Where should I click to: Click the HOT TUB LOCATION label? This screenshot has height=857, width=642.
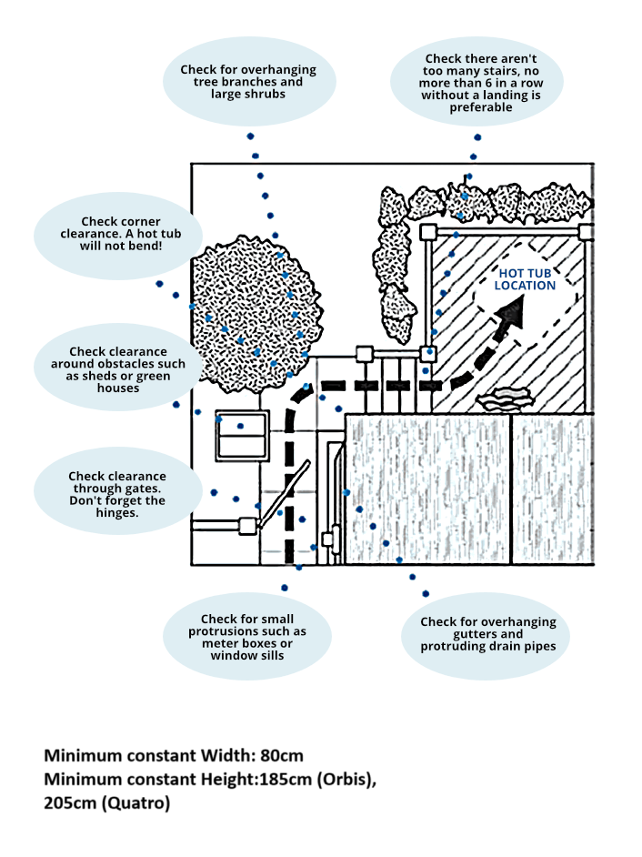(x=525, y=279)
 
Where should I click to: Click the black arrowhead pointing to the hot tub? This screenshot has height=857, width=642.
(x=513, y=314)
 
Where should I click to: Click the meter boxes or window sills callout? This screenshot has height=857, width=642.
(x=247, y=637)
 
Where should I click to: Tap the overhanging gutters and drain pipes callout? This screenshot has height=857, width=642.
(x=487, y=634)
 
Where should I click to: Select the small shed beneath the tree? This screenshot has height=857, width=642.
(x=242, y=436)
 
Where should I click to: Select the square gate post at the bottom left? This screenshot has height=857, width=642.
(x=247, y=525)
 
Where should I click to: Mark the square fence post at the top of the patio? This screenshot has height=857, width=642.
(x=427, y=232)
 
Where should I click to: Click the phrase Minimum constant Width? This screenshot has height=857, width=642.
(x=145, y=756)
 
